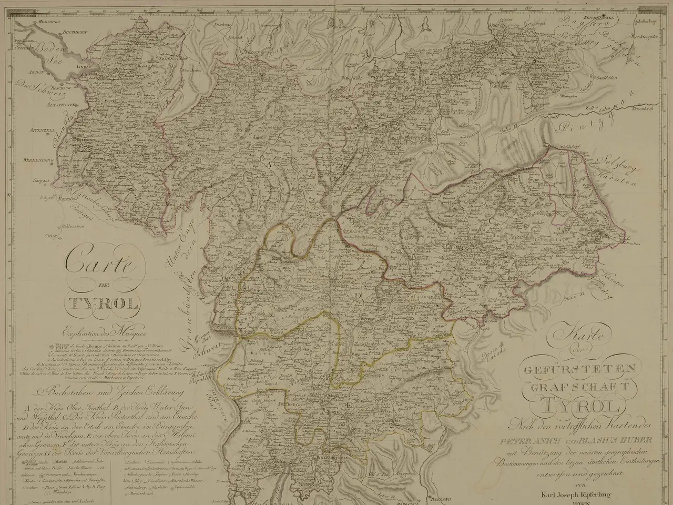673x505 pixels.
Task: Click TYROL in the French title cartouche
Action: tap(101, 304)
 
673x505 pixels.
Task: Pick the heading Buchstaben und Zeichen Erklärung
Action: tap(105, 391)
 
